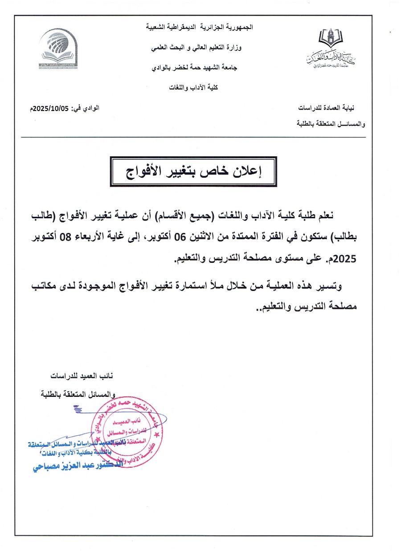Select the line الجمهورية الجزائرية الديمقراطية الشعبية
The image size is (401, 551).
tap(200, 27)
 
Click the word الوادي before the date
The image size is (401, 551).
tap(92, 108)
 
